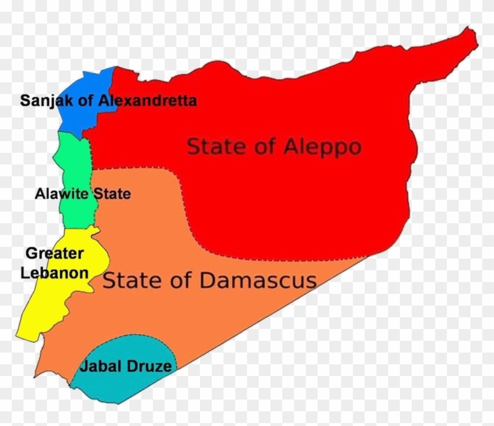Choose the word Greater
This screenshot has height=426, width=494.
pos(54,254)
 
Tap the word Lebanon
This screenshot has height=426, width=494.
pos(54,273)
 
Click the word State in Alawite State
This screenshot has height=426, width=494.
pos(112,193)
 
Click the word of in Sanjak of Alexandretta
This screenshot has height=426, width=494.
pos(86,101)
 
